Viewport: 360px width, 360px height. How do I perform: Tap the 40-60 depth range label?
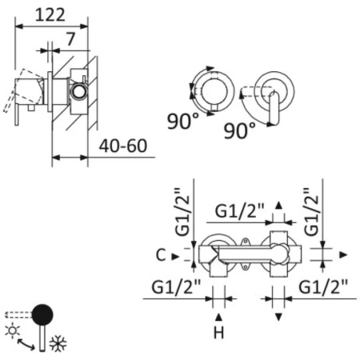(x=124, y=147)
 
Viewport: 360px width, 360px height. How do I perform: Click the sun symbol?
(x=12, y=330)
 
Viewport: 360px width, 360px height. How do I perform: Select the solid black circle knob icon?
(x=44, y=313)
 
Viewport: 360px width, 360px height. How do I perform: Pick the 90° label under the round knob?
(x=184, y=122)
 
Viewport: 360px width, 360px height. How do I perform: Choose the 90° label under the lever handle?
(x=240, y=130)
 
